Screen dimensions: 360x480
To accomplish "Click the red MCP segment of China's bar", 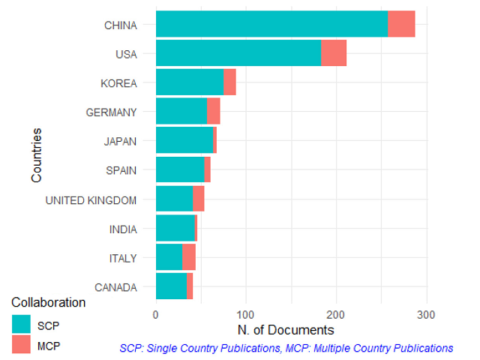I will [401, 25].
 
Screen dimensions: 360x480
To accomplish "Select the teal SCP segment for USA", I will [238, 53].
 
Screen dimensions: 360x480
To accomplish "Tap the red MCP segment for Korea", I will [229, 82].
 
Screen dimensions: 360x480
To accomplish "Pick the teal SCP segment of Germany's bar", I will [181, 112].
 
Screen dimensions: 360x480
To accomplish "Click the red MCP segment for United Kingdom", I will [199, 199].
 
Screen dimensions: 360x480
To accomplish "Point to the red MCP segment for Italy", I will [189, 258].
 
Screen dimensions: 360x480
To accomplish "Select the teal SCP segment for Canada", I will [171, 286].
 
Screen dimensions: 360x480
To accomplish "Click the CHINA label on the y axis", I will [120, 25].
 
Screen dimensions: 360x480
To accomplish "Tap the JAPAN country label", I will [120, 141].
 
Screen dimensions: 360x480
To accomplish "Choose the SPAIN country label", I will [121, 170].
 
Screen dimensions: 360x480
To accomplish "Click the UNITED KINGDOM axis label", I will [91, 199].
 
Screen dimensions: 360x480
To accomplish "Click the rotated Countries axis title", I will [36, 155].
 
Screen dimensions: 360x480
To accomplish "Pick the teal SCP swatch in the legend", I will [21, 325].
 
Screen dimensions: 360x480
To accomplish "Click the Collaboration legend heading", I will [49, 303].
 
